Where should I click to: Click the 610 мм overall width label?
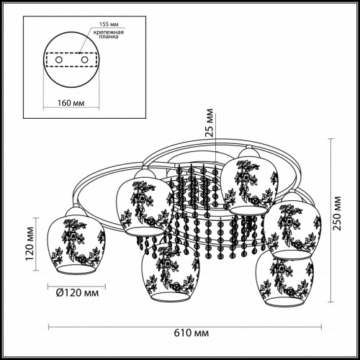click(191, 333)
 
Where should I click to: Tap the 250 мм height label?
click(338, 213)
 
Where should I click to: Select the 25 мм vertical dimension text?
click(210, 122)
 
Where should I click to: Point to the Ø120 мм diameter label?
click(77, 293)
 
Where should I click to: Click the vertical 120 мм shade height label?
click(30, 243)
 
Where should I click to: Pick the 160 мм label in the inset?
click(71, 103)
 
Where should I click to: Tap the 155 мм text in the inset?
click(109, 24)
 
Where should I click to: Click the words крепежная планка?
click(109, 35)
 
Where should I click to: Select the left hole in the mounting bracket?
click(59, 60)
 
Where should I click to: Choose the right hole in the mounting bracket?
click(84, 60)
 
